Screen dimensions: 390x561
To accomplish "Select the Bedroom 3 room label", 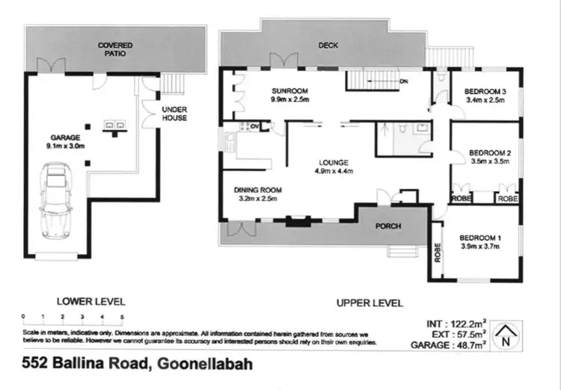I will click(486, 92).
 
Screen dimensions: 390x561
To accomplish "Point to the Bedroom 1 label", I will click(479, 238).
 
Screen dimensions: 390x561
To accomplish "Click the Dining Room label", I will click(256, 190).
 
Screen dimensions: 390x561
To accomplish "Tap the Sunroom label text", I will click(286, 90).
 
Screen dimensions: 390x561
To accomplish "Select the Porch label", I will click(387, 226).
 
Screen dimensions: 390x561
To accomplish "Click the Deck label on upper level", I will click(328, 46).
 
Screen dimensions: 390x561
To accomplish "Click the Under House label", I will click(174, 114).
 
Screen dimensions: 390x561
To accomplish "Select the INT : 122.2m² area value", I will click(455, 323).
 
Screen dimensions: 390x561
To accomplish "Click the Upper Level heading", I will click(370, 303).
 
